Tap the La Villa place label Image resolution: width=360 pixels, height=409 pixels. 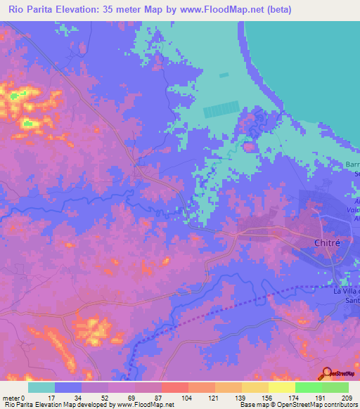[x=345, y=292]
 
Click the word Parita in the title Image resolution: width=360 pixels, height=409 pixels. [x=39, y=10]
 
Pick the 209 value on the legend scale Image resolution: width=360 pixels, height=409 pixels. [x=347, y=397]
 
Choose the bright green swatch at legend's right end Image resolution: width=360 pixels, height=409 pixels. [x=335, y=387]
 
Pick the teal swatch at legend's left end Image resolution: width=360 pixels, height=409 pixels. [x=41, y=387]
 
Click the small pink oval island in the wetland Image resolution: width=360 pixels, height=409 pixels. [x=249, y=147]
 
